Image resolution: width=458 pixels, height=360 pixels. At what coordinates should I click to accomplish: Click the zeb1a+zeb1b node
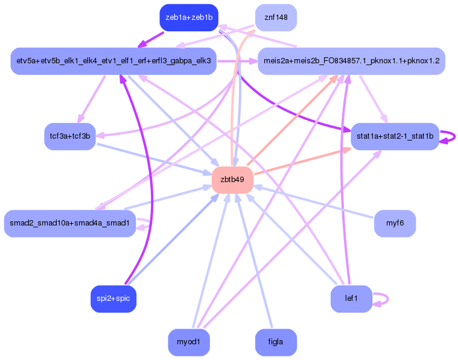click(189, 17)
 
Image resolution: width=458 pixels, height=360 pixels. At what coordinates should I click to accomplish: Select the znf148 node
click(276, 17)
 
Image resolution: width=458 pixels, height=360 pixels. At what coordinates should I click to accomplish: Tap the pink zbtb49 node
click(232, 180)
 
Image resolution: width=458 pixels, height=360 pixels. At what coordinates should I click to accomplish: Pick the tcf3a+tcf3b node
click(70, 136)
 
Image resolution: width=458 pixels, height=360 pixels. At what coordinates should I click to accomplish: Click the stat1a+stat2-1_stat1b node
click(395, 136)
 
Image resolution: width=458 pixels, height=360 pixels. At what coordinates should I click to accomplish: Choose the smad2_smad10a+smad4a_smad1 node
click(70, 223)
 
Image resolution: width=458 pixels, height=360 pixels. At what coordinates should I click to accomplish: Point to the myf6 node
click(395, 223)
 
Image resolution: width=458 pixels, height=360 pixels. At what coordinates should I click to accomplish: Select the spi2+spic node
click(113, 298)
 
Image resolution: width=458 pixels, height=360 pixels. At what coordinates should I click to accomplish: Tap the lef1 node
click(351, 298)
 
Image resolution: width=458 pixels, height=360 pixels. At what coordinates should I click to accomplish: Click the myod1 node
click(189, 342)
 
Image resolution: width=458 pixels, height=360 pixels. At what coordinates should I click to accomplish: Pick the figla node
click(276, 342)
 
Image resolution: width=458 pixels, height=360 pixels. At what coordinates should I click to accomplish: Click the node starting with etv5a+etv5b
click(113, 61)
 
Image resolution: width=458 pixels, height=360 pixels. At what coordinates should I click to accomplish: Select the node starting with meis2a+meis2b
click(351, 61)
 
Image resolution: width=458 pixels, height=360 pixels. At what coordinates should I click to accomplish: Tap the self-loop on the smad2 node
click(150, 223)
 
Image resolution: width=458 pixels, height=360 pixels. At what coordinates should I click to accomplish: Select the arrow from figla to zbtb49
click(254, 261)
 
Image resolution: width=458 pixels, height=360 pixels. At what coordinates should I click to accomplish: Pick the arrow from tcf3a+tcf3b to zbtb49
click(154, 159)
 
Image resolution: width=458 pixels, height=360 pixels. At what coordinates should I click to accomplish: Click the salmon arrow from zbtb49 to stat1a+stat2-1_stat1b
click(302, 162)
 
